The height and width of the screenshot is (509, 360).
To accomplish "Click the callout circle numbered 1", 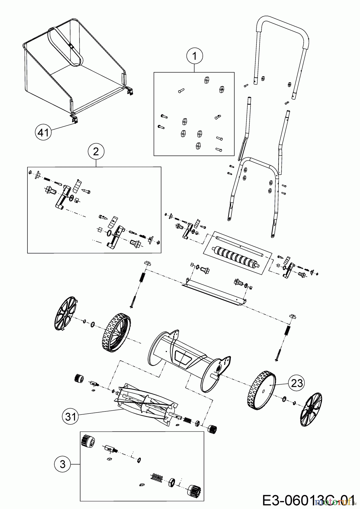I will (x=194, y=56).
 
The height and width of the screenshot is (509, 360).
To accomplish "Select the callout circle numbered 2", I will (x=96, y=152).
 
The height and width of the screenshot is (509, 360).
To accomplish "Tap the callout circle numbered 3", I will (x=63, y=464).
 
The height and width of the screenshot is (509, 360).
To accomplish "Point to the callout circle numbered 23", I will (x=296, y=383).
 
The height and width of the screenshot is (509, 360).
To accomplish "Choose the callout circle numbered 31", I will (x=70, y=416).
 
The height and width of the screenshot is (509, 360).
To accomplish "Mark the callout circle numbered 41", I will (x=43, y=132).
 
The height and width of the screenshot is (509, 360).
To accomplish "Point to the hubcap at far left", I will (x=65, y=314).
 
